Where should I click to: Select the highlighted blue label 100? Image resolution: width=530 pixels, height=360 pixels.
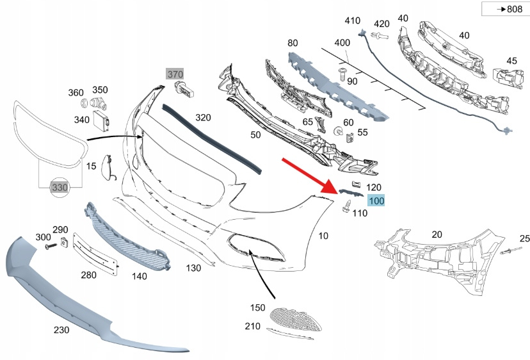pos(376,201)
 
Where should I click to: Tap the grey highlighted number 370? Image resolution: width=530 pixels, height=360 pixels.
pos(175,74)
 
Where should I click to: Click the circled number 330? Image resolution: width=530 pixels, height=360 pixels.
pos(60,186)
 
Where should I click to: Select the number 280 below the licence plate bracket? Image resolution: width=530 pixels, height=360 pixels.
pos(88,275)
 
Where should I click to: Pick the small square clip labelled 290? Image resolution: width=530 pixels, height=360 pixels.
pos(65,241)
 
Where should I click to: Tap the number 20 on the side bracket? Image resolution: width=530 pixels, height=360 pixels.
pos(437,234)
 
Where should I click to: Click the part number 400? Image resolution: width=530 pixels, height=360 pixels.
pos(342,42)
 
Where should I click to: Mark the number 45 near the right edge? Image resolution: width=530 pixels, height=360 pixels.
pos(511,61)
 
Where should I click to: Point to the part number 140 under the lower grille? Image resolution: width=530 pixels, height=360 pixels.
pos(140,277)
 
